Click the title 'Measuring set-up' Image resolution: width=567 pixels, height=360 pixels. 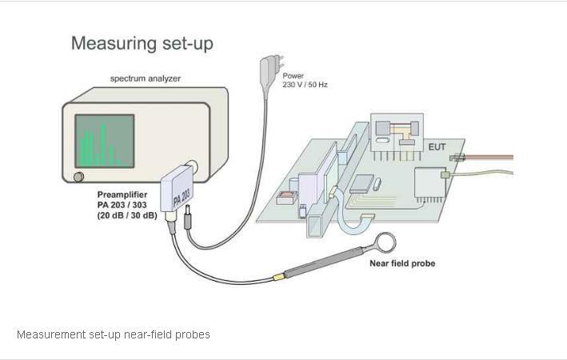[142, 43]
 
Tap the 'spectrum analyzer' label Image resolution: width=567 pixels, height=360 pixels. [146, 78]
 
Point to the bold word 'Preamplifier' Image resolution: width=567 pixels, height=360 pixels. [122, 195]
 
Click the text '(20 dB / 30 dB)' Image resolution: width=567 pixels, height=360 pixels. [127, 216]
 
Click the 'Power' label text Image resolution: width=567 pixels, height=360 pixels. [293, 76]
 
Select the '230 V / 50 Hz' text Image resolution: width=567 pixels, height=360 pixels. [305, 85]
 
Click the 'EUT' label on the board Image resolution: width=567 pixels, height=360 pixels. [437, 148]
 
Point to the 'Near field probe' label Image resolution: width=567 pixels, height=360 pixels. [402, 263]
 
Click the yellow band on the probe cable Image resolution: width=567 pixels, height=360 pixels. [279, 276]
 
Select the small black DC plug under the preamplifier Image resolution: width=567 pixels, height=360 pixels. [188, 218]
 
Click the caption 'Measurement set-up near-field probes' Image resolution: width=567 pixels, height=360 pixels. [114, 334]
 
